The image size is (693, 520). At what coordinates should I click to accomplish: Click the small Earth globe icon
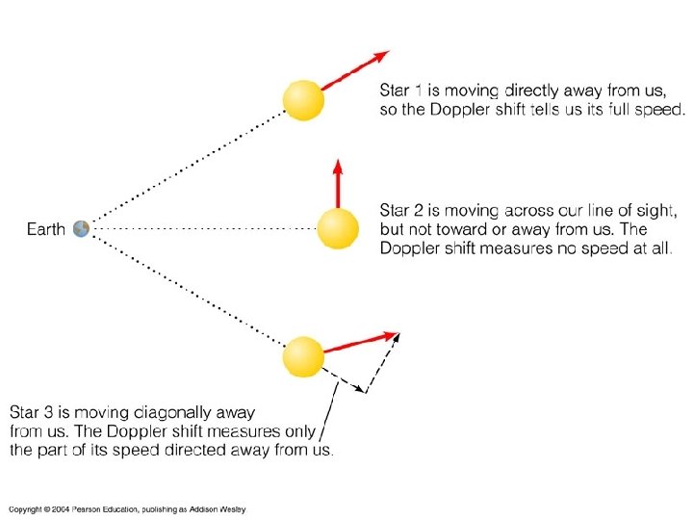click(x=81, y=228)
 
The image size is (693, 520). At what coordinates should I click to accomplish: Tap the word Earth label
click(x=45, y=229)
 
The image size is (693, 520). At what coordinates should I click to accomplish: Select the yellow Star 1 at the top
click(x=302, y=100)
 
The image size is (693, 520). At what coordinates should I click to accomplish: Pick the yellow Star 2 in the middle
click(x=338, y=228)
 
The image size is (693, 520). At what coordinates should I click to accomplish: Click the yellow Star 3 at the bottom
click(x=303, y=356)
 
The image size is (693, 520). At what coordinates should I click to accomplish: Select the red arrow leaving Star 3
click(x=360, y=342)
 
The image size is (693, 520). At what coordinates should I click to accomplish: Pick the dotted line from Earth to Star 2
click(x=202, y=229)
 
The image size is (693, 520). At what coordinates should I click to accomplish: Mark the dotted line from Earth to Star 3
click(x=183, y=289)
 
